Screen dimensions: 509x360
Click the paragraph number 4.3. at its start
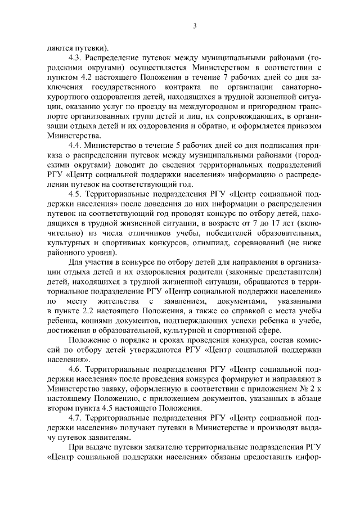75,58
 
